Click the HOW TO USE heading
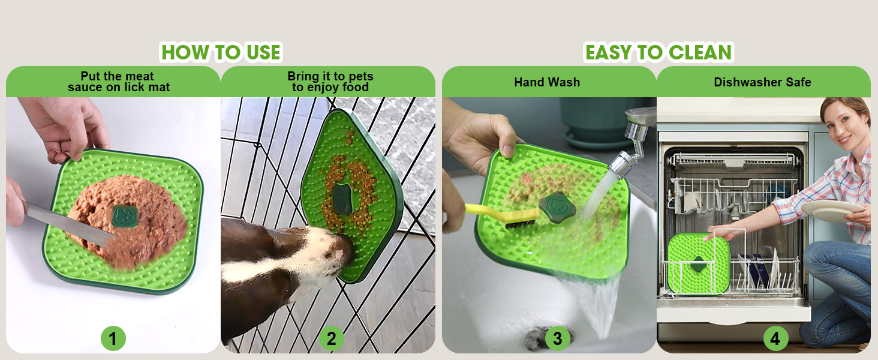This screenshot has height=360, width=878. click(221, 52)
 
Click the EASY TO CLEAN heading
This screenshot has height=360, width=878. click(659, 52)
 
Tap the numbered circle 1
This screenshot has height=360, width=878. click(113, 339)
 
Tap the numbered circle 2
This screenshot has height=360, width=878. click(331, 339)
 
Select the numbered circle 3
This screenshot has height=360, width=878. click(557, 339)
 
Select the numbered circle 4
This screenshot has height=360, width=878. click(775, 339)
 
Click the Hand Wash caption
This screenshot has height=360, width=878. click(547, 82)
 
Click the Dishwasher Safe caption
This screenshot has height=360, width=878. click(762, 82)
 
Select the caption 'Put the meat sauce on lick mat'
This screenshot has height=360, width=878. click(118, 82)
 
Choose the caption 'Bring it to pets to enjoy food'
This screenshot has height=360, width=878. click(330, 82)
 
